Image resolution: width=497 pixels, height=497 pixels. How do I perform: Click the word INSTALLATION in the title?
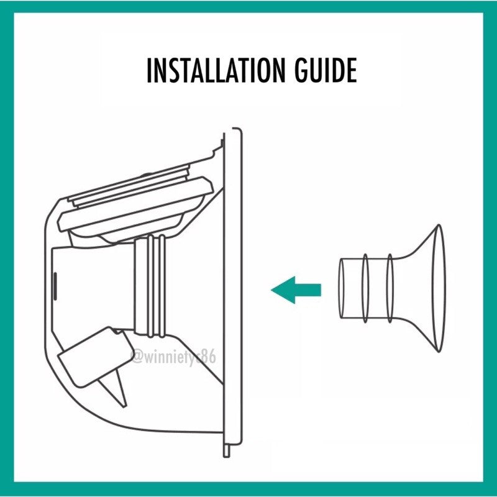pos(214,70)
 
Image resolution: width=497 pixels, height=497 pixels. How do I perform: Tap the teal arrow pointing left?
pos(296,290)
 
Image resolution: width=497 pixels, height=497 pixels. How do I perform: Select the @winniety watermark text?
pos(174,357)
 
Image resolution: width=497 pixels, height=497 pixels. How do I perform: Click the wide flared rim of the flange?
pos(439,288)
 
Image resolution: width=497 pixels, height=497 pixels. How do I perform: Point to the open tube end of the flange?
pos(342,288)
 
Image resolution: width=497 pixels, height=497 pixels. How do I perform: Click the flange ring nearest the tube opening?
pos(365,288)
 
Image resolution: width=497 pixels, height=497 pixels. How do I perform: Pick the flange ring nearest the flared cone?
pos(390,288)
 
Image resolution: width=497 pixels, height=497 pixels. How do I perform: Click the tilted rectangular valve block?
pos(95,357)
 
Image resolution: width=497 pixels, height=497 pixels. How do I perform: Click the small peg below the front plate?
pos(227,452)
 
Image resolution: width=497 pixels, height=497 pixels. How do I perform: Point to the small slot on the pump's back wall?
pos(55,286)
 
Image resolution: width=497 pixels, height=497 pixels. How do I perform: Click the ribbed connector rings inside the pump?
pos(150,286)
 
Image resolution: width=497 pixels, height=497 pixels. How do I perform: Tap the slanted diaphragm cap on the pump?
pos(135,209)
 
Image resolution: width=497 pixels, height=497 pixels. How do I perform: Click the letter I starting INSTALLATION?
pos(148,70)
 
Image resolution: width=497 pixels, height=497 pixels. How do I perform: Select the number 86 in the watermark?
pos(209,357)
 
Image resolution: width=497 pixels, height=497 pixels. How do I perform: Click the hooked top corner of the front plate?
pos(238,130)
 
